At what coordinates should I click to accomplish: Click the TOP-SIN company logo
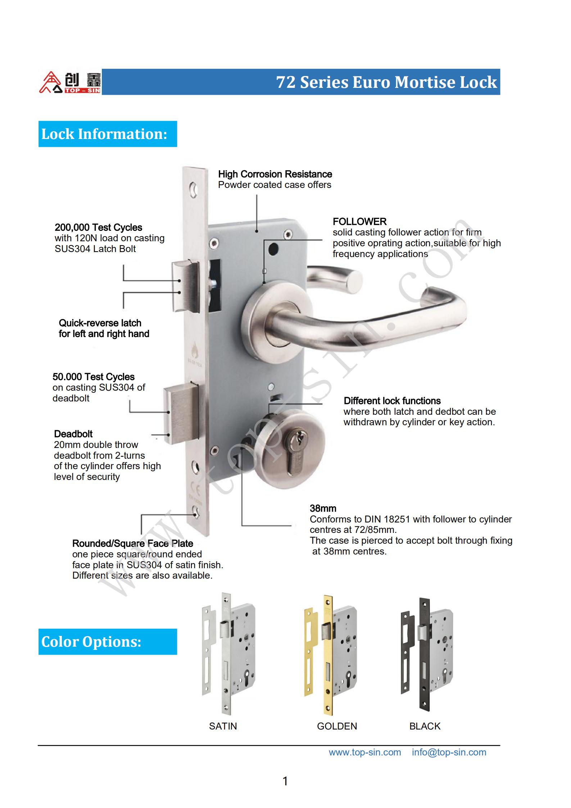(x=70, y=82)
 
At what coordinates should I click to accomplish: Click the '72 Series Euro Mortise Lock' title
(x=386, y=82)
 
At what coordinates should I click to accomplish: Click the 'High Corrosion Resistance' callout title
(x=275, y=174)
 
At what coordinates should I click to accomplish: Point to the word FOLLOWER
(x=359, y=221)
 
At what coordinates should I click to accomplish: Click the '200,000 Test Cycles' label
(x=98, y=228)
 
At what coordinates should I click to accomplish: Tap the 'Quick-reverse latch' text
(x=100, y=323)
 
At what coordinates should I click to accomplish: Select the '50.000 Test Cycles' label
(x=94, y=377)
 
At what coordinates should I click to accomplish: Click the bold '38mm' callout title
(x=323, y=508)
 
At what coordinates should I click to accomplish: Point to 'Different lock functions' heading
(x=392, y=401)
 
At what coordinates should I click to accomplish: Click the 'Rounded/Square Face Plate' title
(x=132, y=543)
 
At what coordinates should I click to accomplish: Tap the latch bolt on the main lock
(x=185, y=286)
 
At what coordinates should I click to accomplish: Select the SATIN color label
(x=223, y=726)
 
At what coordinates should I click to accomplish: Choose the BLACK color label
(x=425, y=726)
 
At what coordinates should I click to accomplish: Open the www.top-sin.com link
(x=364, y=752)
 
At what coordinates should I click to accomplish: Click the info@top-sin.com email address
(x=449, y=752)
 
